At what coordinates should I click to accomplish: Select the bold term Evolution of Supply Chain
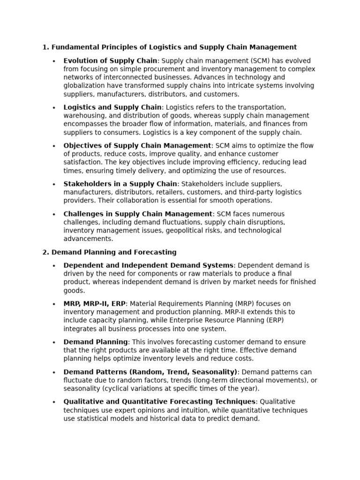pos(111,61)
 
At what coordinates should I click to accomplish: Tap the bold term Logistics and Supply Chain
pos(112,107)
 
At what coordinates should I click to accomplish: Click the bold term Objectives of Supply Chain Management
pos(137,146)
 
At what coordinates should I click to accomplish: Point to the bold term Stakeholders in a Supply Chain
pos(120,184)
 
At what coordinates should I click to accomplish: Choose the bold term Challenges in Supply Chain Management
pos(138,214)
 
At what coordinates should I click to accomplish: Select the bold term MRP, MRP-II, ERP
pos(94,304)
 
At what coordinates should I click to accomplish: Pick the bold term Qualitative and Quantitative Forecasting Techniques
pos(159,402)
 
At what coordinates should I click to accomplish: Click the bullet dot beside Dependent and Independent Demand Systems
pos(54,266)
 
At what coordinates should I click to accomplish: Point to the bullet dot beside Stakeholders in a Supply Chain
pos(54,184)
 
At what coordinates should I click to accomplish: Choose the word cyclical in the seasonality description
pos(116,389)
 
